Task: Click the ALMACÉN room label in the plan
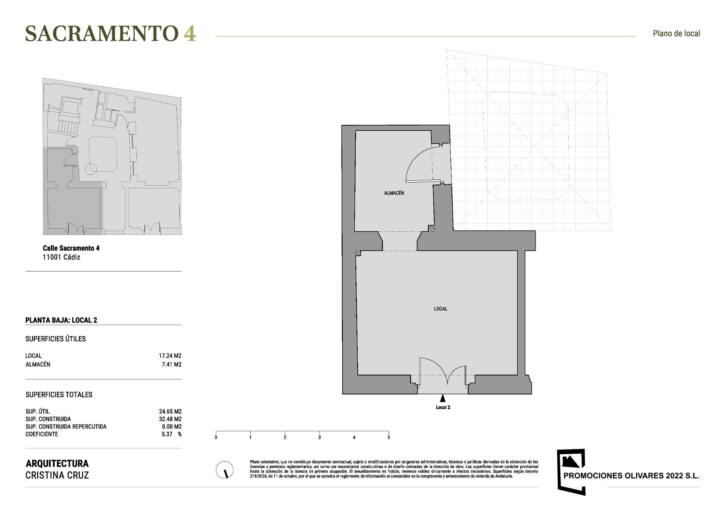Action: click(x=394, y=193)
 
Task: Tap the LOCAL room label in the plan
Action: click(x=441, y=309)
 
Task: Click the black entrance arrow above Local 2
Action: click(x=442, y=398)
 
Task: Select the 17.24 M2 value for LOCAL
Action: click(x=170, y=356)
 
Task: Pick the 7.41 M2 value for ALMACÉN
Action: click(x=171, y=364)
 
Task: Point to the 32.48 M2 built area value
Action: click(x=170, y=419)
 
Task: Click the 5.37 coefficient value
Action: click(x=167, y=434)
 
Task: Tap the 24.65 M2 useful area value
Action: click(x=170, y=411)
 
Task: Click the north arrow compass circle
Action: click(x=225, y=470)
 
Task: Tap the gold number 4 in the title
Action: click(x=190, y=33)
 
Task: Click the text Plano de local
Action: click(x=676, y=33)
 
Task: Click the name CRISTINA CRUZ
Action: click(x=57, y=475)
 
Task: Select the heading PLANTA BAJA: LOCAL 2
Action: click(x=61, y=320)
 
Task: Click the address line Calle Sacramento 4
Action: click(x=71, y=248)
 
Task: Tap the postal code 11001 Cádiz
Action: click(x=61, y=257)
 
